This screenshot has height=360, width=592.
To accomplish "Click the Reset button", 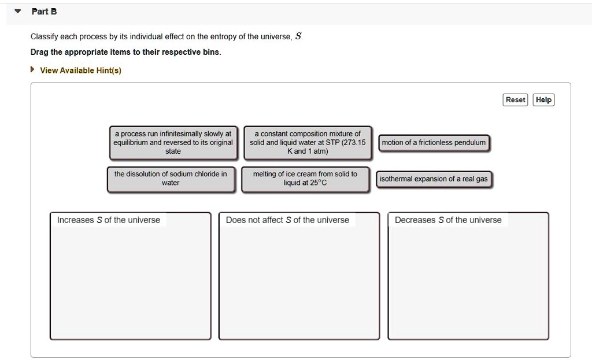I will [x=515, y=100].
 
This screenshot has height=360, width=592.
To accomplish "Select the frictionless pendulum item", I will [x=434, y=143].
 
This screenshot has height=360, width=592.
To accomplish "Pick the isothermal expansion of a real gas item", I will [x=434, y=179].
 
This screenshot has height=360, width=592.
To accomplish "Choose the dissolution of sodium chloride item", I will [x=171, y=179].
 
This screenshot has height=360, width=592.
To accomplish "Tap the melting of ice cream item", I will [x=305, y=179].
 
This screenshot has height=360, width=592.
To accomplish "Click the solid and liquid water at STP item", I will [x=307, y=143].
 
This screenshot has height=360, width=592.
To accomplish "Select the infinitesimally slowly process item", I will [x=173, y=143].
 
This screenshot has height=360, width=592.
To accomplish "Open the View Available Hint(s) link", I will [x=80, y=70].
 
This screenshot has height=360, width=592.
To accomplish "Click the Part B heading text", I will [x=44, y=12].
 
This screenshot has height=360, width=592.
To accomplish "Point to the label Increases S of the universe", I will [x=109, y=220].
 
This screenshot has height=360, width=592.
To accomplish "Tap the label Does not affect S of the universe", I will [x=287, y=220].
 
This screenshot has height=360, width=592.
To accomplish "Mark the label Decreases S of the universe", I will [x=448, y=220].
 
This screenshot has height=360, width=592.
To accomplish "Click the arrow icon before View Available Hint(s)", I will [x=33, y=70].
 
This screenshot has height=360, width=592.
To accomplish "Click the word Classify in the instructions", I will [x=44, y=37].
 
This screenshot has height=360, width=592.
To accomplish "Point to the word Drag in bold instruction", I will [x=39, y=52].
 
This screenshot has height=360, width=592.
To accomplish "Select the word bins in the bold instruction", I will [x=210, y=52].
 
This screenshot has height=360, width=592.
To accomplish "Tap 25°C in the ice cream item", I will [x=319, y=183].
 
